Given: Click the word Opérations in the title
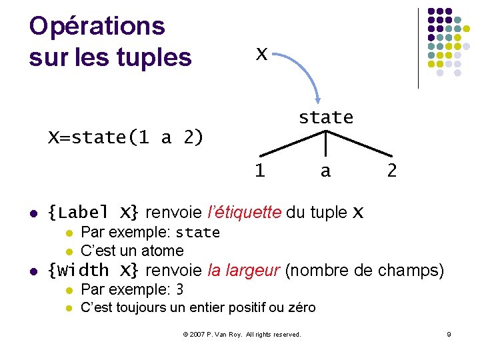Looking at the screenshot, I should [97, 26].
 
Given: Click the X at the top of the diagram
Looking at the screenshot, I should [262, 53].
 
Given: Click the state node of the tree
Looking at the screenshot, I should [325, 117].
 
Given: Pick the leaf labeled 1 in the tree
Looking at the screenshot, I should [259, 171].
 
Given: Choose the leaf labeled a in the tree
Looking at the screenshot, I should [325, 171].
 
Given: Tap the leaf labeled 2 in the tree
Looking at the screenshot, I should [392, 171].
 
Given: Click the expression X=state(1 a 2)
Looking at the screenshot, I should [125, 137].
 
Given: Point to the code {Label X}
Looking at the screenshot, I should [93, 213].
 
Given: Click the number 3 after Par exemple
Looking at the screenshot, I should [179, 289].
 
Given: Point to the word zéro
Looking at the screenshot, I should [301, 307].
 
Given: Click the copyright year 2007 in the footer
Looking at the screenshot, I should [197, 334].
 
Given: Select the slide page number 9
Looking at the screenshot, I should [449, 334].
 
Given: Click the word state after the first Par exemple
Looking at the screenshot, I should [197, 233].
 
